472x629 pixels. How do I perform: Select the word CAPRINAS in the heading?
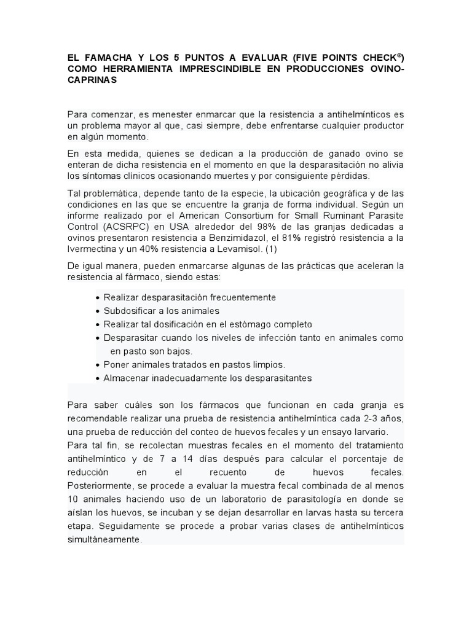pos(92,80)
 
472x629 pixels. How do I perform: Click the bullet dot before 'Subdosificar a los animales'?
pos(98,311)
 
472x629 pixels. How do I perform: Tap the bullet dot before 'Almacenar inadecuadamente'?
pos(98,378)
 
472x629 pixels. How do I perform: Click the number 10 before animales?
pos(73,500)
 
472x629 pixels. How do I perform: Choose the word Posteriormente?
pos(99,486)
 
